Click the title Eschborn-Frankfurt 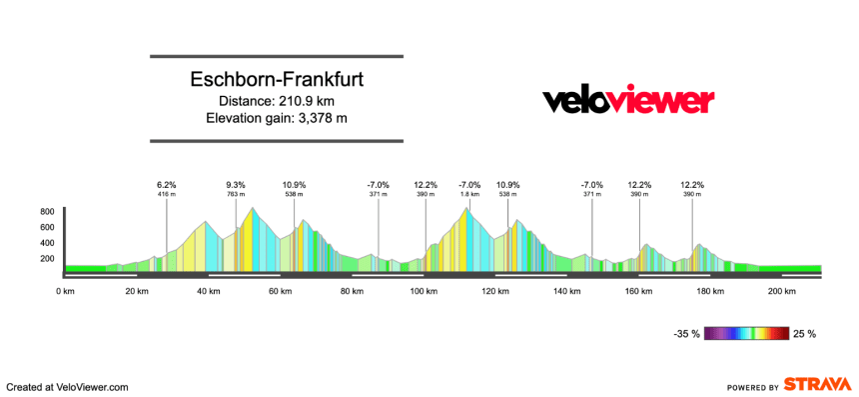click(277, 80)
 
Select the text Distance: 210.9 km click(277, 101)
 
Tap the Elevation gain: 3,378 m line click(277, 119)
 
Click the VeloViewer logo click(628, 101)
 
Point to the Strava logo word click(817, 384)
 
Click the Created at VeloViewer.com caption click(68, 386)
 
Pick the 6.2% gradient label click(167, 185)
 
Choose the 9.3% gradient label click(236, 185)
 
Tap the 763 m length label click(236, 194)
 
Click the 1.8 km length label click(469, 194)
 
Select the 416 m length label click(167, 194)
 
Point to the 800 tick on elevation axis click(47, 212)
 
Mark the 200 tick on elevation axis click(47, 258)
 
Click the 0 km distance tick click(65, 291)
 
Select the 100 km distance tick click(424, 291)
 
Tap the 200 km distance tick click(782, 291)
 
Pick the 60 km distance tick click(280, 291)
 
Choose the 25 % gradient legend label click(804, 333)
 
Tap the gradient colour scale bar click(747, 333)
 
